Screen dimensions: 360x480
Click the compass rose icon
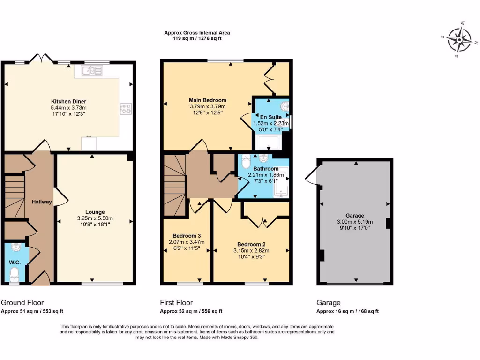[458, 39]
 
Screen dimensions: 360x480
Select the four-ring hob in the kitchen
[125, 109]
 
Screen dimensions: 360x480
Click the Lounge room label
[95, 212]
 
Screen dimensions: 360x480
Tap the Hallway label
[42, 202]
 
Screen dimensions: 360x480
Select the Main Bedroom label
[208, 100]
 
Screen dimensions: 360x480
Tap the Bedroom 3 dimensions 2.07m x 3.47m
[187, 242]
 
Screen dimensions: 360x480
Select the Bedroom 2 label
[251, 244]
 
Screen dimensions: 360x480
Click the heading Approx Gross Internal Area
[197, 33]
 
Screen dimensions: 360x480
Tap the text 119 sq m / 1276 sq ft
[197, 38]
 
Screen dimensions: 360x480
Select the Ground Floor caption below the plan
[22, 303]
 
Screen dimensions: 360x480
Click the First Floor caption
[176, 303]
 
